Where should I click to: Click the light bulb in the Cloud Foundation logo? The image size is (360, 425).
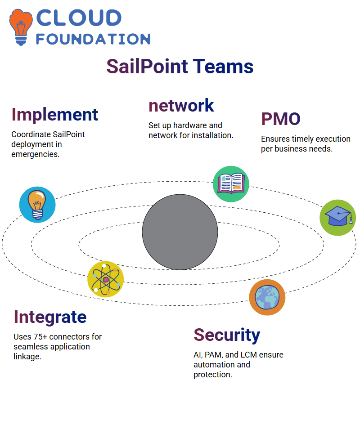tap(21, 27)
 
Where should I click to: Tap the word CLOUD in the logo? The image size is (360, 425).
tap(79, 18)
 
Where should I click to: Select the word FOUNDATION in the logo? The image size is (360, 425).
tap(93, 39)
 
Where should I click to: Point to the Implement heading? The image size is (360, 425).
tap(54, 115)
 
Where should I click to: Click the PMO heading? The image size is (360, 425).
tap(281, 119)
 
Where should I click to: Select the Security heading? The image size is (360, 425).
tap(227, 336)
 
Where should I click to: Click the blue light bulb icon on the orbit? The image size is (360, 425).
tap(37, 205)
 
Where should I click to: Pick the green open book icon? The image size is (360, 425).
tap(231, 184)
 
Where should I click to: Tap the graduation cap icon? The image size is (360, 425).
tap(338, 218)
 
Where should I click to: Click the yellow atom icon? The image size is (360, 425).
tap(106, 279)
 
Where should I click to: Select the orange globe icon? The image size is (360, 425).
tap(267, 297)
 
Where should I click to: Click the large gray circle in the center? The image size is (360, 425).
tap(180, 232)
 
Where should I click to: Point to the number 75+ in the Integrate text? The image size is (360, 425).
tap(40, 337)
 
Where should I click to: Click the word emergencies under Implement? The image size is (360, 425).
tap(35, 154)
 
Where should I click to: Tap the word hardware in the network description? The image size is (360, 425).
tap(190, 125)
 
